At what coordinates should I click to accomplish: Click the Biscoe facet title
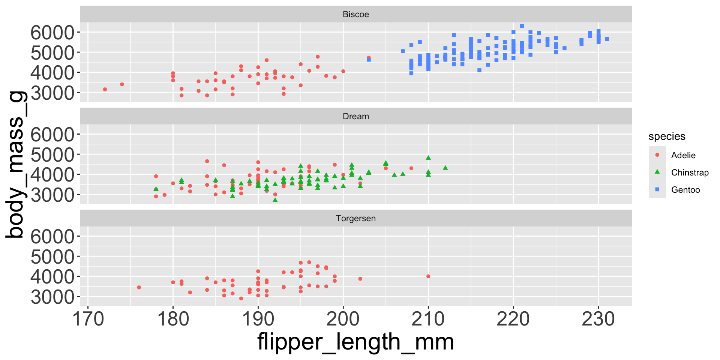coord(355,14)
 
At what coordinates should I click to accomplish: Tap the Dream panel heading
coord(355,116)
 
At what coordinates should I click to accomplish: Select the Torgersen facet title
coord(355,218)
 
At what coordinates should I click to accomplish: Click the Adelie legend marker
coord(657,155)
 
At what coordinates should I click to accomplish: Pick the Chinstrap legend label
coord(690,172)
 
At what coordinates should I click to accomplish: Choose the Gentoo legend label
coord(685,190)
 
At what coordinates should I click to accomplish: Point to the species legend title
coord(667,136)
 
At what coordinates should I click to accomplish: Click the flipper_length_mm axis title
coord(355,342)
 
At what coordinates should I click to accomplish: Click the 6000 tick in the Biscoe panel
coord(52,33)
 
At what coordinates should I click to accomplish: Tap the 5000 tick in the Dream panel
coord(52,154)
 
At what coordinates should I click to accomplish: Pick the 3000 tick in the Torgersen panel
coord(52,297)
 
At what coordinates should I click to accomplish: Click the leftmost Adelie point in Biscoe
coord(105,89)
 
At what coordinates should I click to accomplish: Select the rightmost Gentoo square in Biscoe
coord(607,39)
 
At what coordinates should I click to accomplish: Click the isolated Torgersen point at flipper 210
coord(428,276)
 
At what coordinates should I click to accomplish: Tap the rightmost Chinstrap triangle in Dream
coord(445,168)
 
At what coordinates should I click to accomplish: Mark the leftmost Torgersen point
coord(139,287)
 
